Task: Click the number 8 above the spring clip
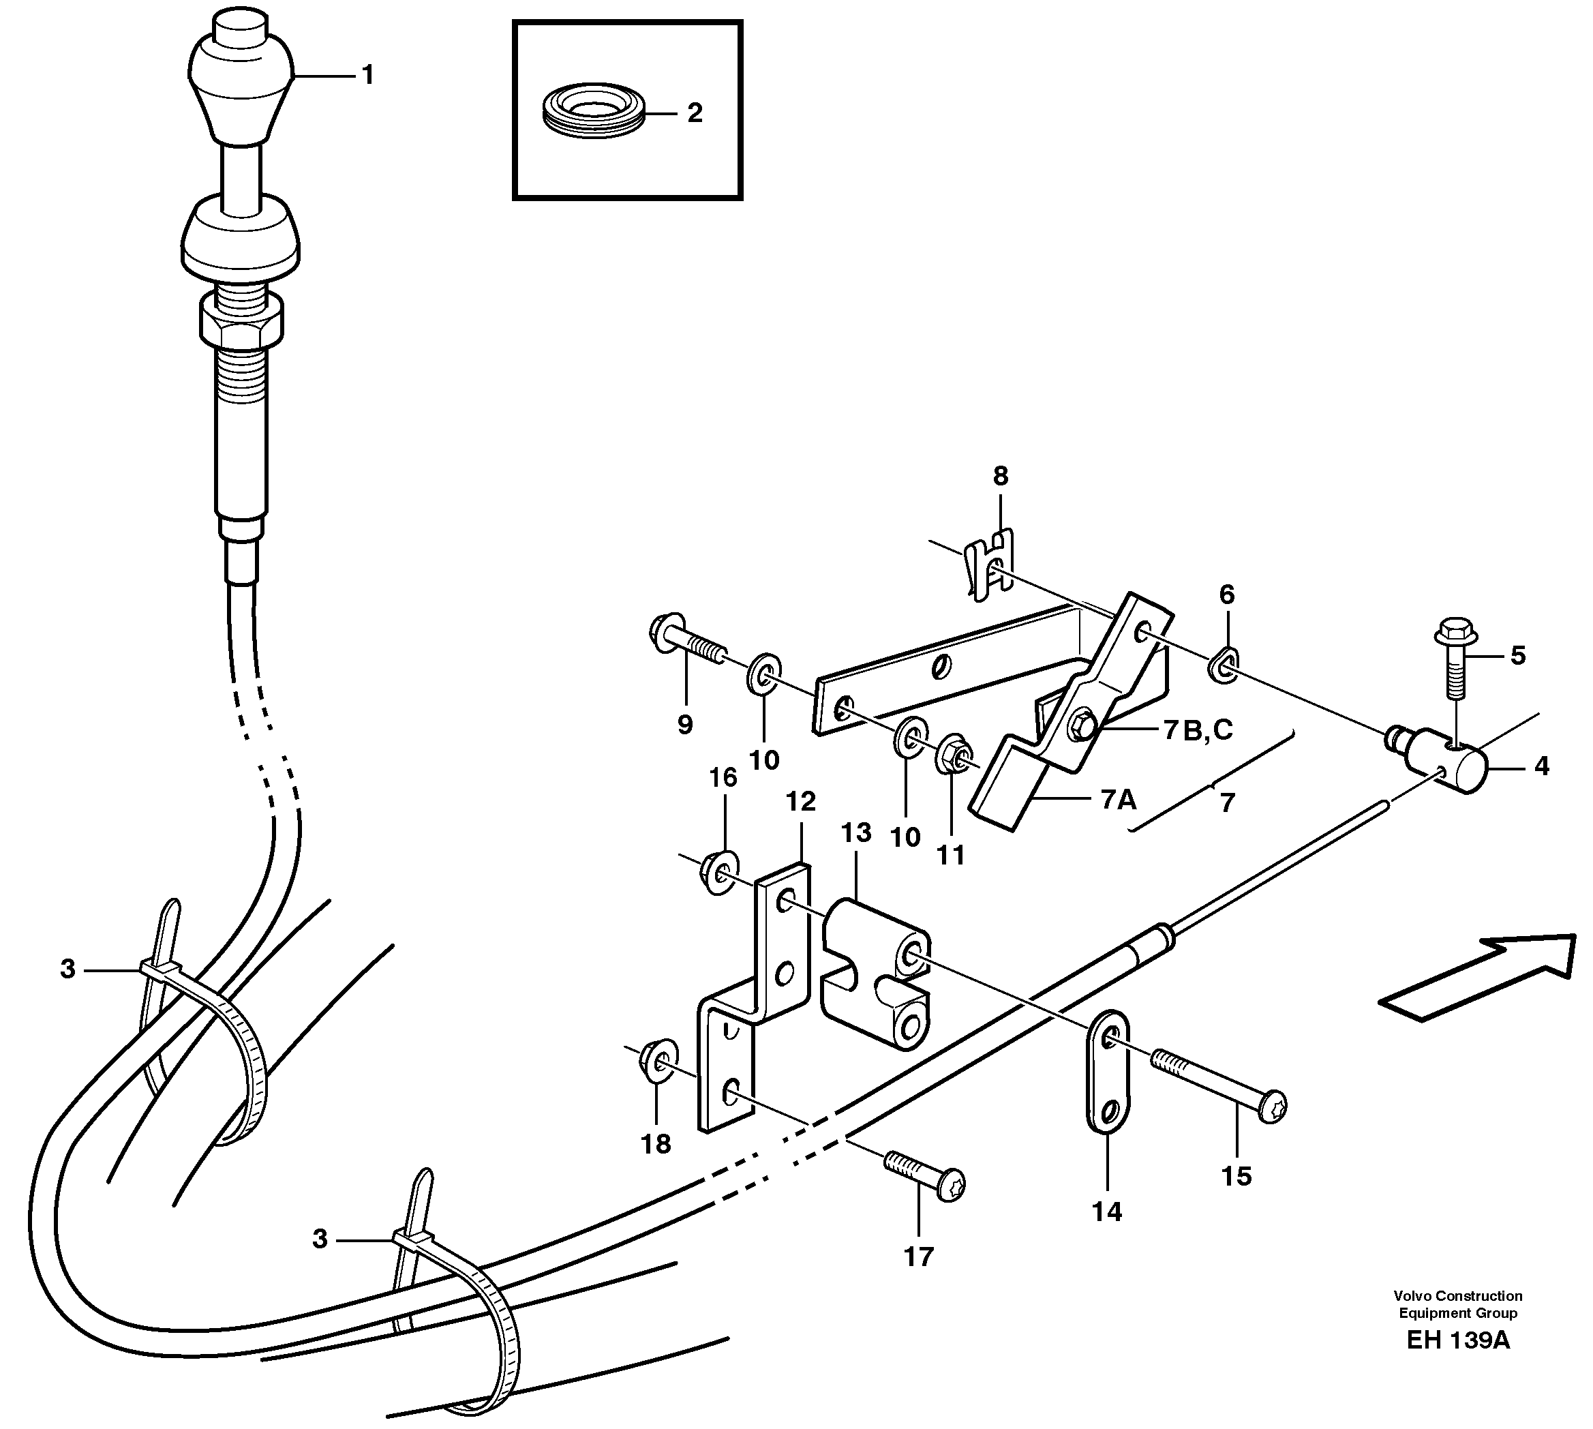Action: coord(999,476)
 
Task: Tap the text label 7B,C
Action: coord(1198,730)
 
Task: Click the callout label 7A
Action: coord(1118,800)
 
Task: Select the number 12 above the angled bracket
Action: coord(801,802)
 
